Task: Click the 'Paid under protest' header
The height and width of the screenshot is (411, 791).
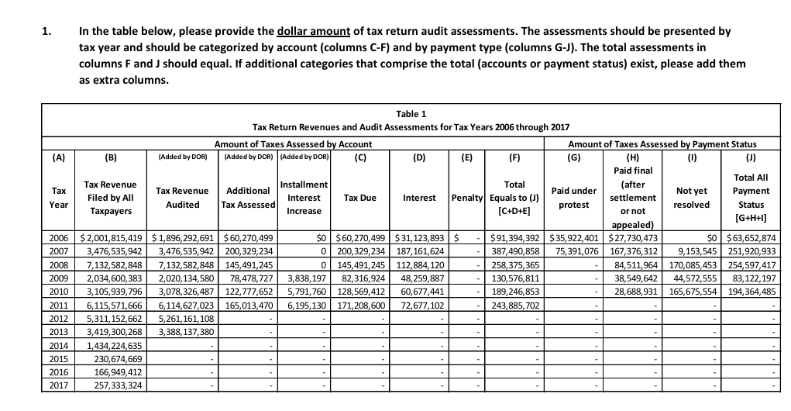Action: [573, 197]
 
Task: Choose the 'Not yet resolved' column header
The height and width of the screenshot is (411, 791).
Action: [692, 197]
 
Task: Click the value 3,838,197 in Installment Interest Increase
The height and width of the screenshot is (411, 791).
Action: [308, 277]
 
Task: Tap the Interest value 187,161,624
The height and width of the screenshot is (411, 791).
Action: [419, 250]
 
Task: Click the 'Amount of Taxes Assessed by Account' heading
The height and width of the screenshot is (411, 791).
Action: [293, 143]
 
